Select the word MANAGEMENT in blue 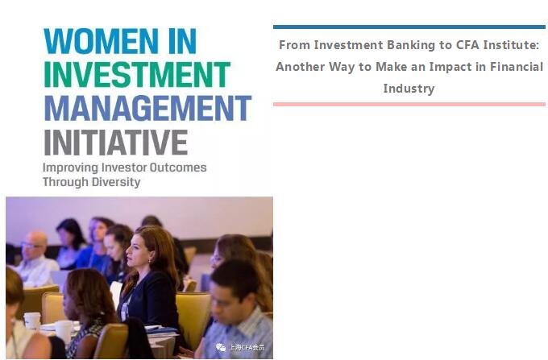pyautogui.click(x=147, y=107)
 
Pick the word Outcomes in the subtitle pyautogui.click(x=178, y=168)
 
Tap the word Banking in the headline pyautogui.click(x=406, y=46)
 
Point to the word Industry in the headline pyautogui.click(x=409, y=88)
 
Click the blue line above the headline pyautogui.click(x=409, y=27)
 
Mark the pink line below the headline pyautogui.click(x=409, y=104)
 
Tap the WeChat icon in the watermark pyautogui.click(x=221, y=348)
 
